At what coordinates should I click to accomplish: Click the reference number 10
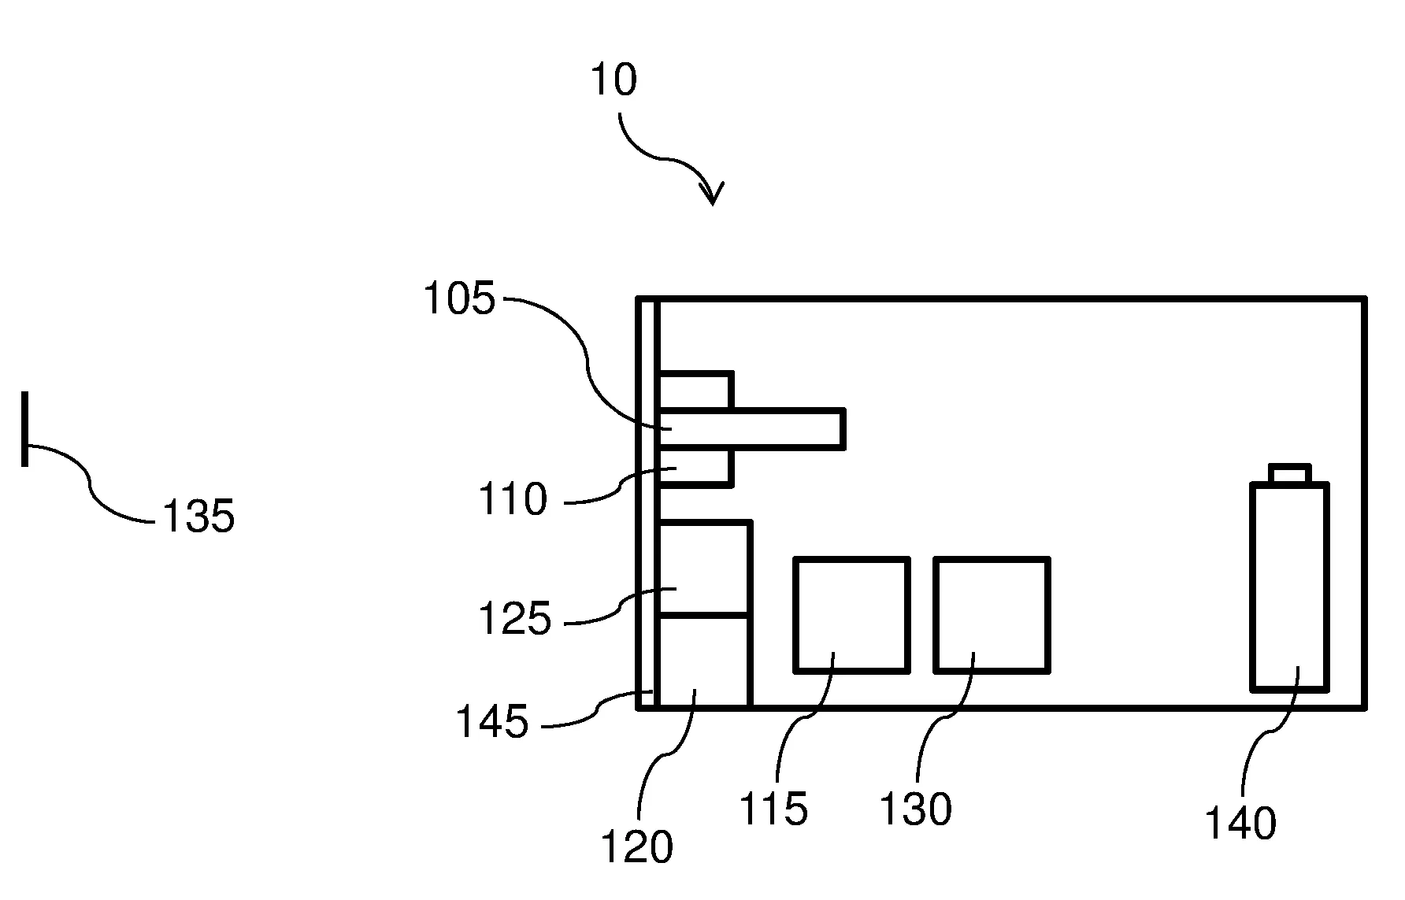(614, 80)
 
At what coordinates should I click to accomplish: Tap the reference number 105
(460, 300)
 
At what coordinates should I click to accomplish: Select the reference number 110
(513, 500)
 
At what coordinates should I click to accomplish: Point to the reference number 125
(514, 619)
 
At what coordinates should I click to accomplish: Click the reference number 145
(492, 721)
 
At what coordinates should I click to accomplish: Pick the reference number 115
(773, 809)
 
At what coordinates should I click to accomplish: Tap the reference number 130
(915, 809)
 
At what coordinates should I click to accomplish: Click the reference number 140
(1240, 824)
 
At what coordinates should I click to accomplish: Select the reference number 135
(198, 517)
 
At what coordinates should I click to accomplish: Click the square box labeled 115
(851, 615)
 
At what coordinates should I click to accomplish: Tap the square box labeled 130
(992, 615)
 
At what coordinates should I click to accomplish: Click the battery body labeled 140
(1289, 587)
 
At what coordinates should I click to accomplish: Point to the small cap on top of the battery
(1289, 473)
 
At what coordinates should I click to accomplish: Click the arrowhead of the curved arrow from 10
(713, 196)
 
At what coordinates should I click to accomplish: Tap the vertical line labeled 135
(25, 428)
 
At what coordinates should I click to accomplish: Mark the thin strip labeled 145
(647, 504)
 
